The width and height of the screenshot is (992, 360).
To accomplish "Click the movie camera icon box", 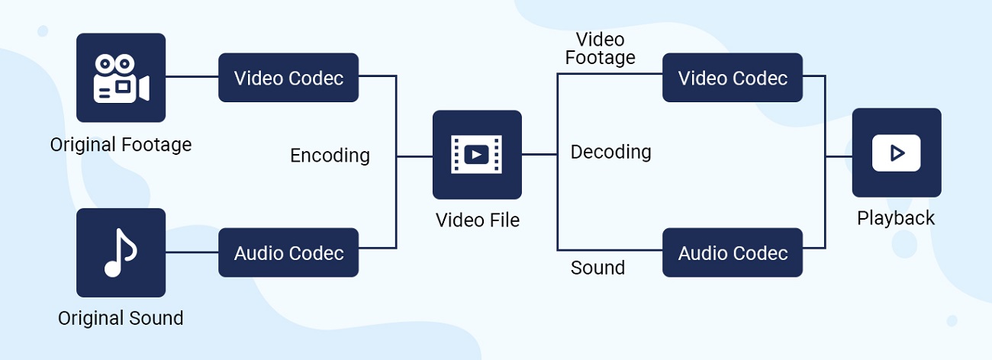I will [x=121, y=77].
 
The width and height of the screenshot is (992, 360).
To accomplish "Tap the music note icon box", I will [x=121, y=252].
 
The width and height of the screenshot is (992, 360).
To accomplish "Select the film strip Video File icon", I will [x=477, y=155].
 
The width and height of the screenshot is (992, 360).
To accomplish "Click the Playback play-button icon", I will [x=897, y=153].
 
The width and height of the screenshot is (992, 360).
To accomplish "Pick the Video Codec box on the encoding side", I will [x=288, y=78].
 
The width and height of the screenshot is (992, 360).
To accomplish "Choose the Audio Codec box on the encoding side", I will [x=288, y=252].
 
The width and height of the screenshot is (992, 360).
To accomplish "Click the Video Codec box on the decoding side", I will [x=733, y=78].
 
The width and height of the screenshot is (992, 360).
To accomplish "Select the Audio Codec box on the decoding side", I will [x=733, y=252].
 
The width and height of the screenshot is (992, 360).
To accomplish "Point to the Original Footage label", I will [x=121, y=145].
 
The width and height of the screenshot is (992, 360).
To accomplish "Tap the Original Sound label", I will [x=121, y=318].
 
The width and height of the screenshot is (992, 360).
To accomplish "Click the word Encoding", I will [x=330, y=156].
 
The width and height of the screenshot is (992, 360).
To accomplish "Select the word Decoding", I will [x=610, y=152].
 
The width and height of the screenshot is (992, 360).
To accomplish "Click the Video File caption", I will [x=477, y=220].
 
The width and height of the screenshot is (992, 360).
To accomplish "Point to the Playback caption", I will [x=896, y=218].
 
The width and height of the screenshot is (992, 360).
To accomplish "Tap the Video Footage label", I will [x=600, y=48].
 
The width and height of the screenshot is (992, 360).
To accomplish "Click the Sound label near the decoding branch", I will [x=597, y=268].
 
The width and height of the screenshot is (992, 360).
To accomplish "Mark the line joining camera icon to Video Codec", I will [x=192, y=76].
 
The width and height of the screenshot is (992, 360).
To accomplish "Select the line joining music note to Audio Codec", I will [x=192, y=252].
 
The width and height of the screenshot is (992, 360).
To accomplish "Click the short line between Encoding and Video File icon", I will [x=414, y=156].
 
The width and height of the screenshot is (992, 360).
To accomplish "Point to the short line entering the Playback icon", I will [x=839, y=156].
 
